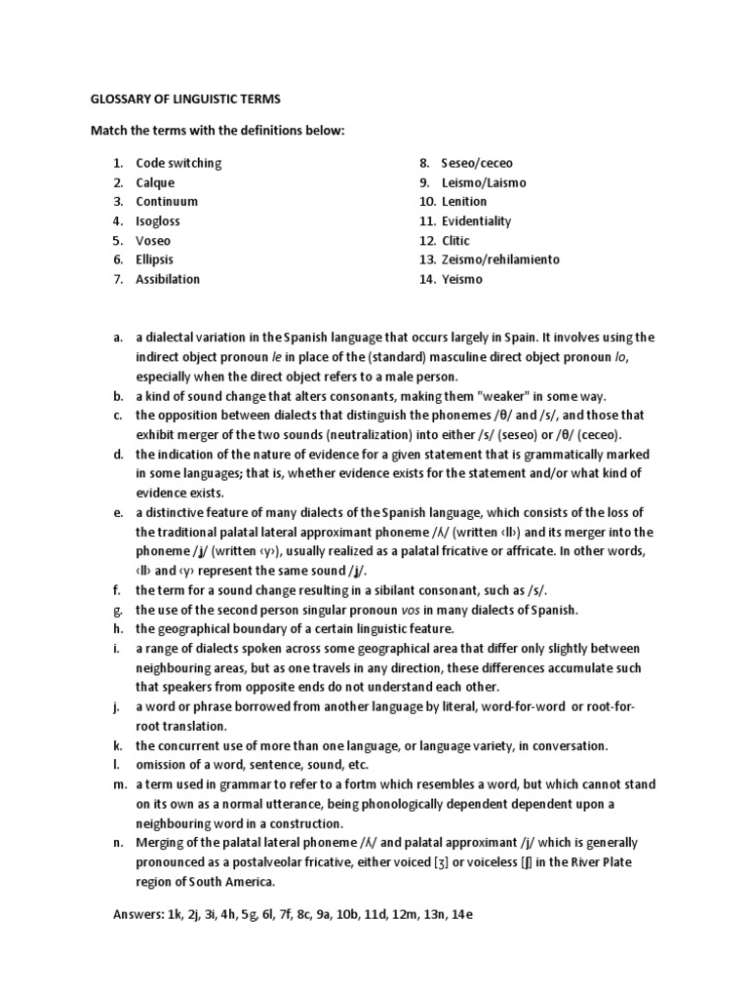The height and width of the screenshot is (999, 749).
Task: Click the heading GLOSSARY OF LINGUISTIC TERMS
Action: pyautogui.click(x=185, y=100)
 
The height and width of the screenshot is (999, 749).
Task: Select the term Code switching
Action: pyautogui.click(x=178, y=163)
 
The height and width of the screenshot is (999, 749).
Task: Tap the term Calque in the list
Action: pyautogui.click(x=155, y=182)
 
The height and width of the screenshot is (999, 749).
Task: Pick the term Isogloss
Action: pyautogui.click(x=158, y=220)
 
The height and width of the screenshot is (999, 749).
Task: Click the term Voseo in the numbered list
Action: pyautogui.click(x=153, y=240)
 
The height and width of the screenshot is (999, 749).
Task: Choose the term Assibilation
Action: pyautogui.click(x=168, y=279)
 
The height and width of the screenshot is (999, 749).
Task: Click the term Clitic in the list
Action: pyautogui.click(x=455, y=240)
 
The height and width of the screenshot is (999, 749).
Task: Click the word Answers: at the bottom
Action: pyautogui.click(x=144, y=916)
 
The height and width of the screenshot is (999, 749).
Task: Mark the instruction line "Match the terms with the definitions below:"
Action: pyautogui.click(x=217, y=131)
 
